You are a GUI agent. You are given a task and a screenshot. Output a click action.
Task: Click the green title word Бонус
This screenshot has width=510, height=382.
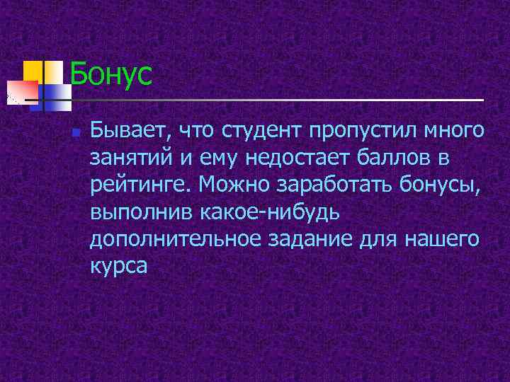point(111,74)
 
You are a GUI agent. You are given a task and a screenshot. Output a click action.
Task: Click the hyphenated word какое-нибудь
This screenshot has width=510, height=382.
point(271,211)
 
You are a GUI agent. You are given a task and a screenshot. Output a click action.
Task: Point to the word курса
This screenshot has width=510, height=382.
point(118,267)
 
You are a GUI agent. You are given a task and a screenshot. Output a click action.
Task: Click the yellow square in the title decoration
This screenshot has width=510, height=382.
point(33,71)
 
